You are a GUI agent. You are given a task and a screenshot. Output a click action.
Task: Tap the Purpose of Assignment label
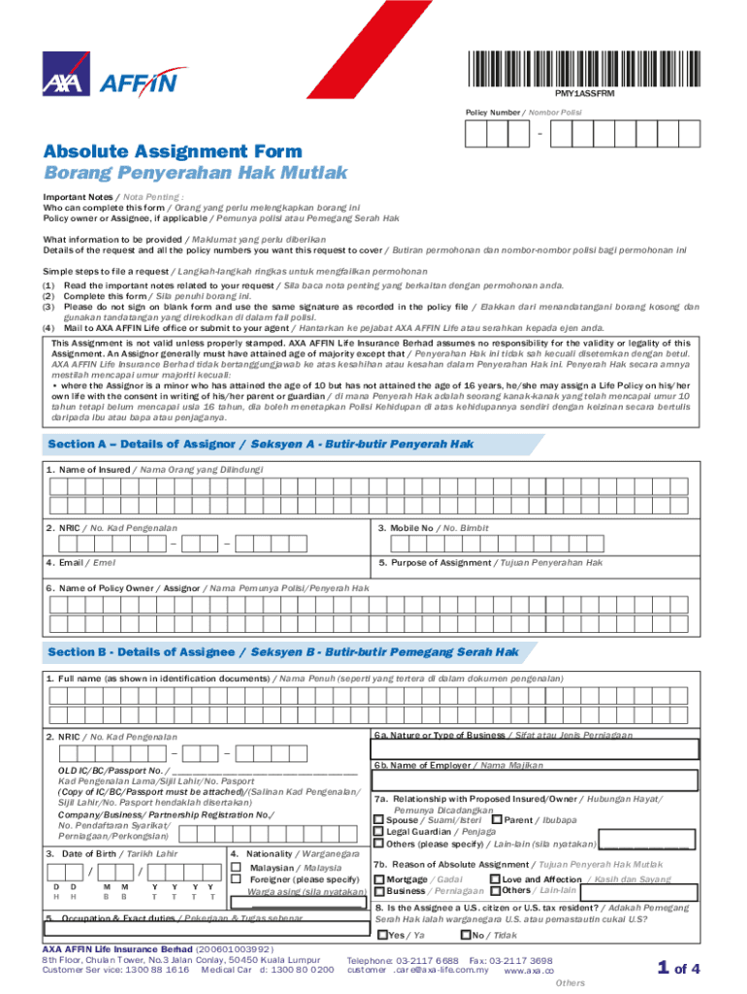click(491, 563)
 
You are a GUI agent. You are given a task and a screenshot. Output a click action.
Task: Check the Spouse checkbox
click(379, 820)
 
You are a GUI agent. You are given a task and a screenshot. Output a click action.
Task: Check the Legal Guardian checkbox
click(379, 832)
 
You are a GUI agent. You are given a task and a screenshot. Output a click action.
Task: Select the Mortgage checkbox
click(379, 879)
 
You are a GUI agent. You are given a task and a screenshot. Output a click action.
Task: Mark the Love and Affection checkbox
click(495, 879)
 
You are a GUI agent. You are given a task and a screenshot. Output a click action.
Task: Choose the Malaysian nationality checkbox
click(236, 867)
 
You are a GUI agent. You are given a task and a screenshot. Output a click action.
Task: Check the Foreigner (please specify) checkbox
click(236, 879)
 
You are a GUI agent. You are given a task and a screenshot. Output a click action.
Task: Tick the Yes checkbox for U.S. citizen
click(381, 936)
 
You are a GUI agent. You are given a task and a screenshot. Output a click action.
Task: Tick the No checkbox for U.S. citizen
click(465, 936)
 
